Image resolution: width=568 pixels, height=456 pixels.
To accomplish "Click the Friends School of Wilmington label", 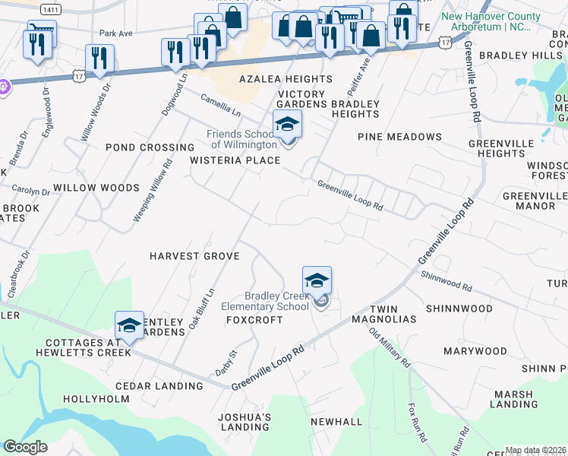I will tap(241, 140).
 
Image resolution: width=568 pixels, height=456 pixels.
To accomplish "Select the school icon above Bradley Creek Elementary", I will tap(317, 280).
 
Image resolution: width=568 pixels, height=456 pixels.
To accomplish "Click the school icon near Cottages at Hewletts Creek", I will tap(130, 325).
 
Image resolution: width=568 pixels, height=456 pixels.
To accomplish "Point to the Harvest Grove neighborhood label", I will tap(194, 256).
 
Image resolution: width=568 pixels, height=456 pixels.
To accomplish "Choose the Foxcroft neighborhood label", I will tap(254, 320).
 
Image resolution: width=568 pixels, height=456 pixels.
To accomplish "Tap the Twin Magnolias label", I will tap(393, 314).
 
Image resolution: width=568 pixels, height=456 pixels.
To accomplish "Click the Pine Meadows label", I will tap(400, 137).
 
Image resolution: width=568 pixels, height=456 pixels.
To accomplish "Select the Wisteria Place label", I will tap(235, 160).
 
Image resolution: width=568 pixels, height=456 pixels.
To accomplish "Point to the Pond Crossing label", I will tap(150, 147).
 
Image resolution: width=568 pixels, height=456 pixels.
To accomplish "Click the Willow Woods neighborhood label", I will tap(96, 187).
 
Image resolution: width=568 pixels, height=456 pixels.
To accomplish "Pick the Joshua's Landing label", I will tap(245, 423).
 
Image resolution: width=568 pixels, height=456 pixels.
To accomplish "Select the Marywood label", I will tap(475, 351).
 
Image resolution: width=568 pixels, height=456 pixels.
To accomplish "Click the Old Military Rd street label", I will tap(390, 346).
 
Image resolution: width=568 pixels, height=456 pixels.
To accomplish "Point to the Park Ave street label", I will tap(115, 33).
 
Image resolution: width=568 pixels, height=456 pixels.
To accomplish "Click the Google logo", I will tap(25, 447).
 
